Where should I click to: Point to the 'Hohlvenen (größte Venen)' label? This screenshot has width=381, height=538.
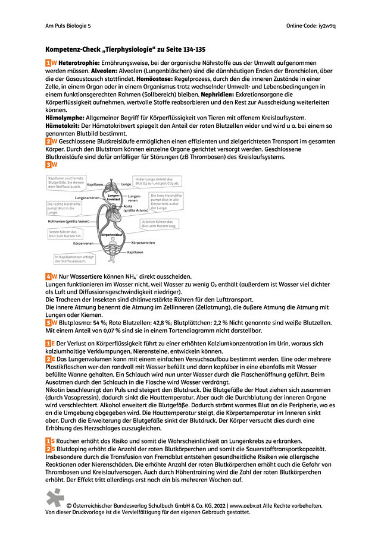[73, 221]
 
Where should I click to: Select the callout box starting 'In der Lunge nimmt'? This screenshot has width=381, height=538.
[157, 181]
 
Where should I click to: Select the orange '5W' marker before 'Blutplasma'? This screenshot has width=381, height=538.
[51, 322]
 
